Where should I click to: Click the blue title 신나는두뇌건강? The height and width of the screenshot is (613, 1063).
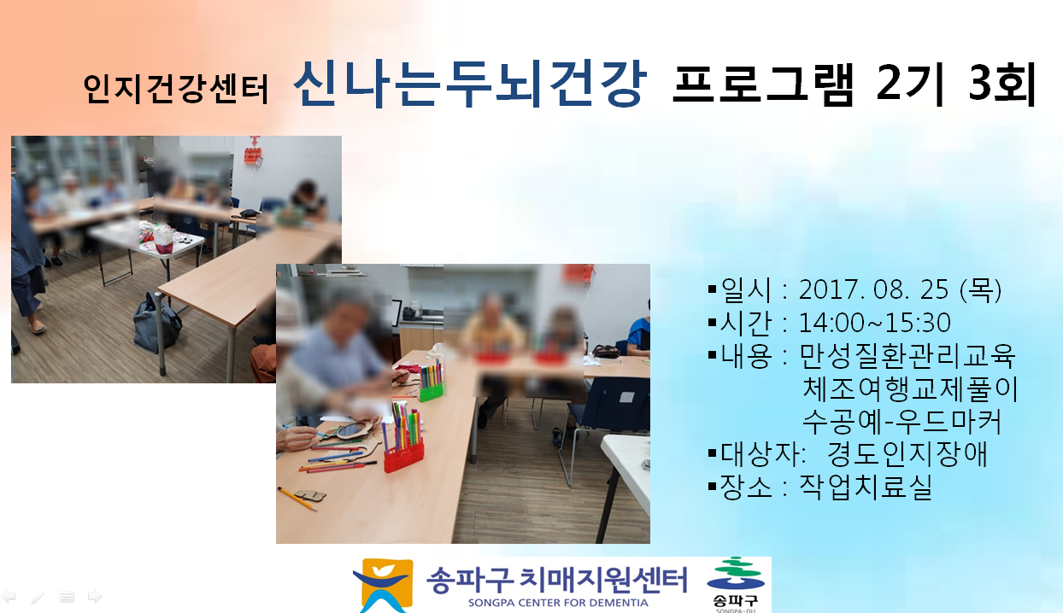pyautogui.click(x=470, y=85)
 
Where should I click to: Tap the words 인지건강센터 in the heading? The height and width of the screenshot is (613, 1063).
pyautogui.click(x=176, y=89)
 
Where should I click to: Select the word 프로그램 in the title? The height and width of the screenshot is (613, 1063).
pyautogui.click(x=763, y=84)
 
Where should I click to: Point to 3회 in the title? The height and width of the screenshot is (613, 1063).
pyautogui.click(x=1002, y=84)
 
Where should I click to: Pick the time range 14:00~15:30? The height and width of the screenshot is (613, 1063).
pyautogui.click(x=875, y=323)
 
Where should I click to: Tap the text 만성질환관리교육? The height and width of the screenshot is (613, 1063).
pyautogui.click(x=907, y=355)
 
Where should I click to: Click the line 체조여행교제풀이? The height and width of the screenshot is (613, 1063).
pyautogui.click(x=910, y=388)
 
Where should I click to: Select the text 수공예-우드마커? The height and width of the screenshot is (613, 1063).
pyautogui.click(x=901, y=422)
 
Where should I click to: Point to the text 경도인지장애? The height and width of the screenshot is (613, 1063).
pyautogui.click(x=907, y=453)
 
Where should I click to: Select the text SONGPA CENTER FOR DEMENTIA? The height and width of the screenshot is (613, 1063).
pyautogui.click(x=558, y=603)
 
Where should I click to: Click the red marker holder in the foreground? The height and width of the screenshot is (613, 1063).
pyautogui.click(x=403, y=456)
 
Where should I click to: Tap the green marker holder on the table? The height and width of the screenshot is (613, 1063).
pyautogui.click(x=431, y=392)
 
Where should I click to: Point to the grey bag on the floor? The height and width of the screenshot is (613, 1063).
pyautogui.click(x=157, y=323)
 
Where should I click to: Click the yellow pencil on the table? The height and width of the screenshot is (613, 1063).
pyautogui.click(x=297, y=499)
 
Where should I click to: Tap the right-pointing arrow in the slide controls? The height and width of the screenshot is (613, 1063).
pyautogui.click(x=95, y=597)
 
